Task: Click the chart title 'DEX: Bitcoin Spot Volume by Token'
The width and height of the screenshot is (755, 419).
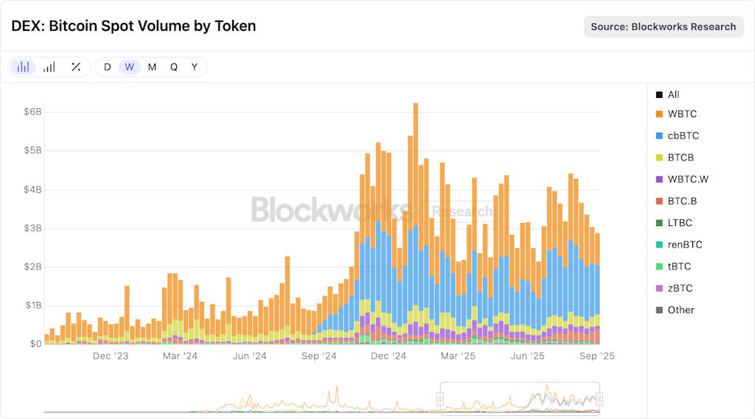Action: [133, 26]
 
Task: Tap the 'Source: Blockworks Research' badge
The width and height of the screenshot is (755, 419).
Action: [664, 27]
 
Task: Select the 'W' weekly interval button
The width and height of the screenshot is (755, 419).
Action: [129, 67]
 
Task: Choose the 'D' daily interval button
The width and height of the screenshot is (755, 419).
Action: [107, 67]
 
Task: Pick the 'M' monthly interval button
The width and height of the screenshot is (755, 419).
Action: [152, 67]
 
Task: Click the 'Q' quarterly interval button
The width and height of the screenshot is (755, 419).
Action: [174, 67]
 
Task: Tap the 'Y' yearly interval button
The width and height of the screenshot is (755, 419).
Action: [195, 67]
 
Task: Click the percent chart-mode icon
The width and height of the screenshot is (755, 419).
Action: [75, 67]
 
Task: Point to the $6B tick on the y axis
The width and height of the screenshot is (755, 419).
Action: [32, 112]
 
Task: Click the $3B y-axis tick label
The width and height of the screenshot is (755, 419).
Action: [32, 228]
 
